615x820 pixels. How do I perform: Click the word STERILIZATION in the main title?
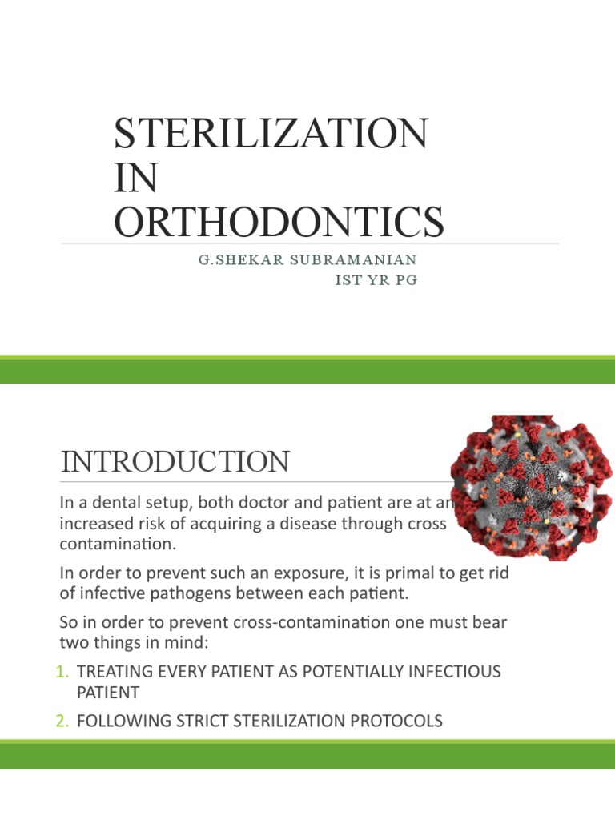coord(271,134)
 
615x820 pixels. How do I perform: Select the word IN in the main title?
coord(135,178)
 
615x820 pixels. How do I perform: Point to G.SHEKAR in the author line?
coord(233,260)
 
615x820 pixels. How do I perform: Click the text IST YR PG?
coord(376,281)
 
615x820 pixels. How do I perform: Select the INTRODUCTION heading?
coord(175,462)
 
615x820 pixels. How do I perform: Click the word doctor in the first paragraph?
coord(229,503)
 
